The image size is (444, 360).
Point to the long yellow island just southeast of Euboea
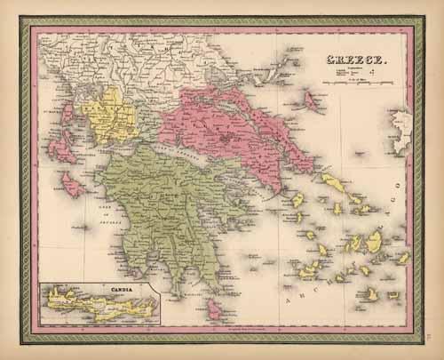tap(332, 182)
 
